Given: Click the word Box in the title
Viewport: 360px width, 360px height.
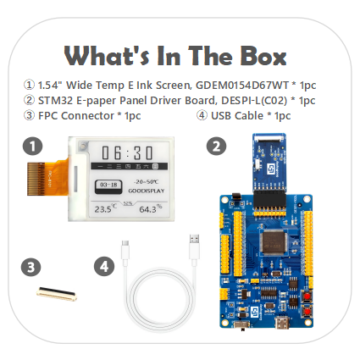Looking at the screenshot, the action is tap(263, 56).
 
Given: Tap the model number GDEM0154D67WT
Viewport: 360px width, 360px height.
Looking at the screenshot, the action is tap(242, 85).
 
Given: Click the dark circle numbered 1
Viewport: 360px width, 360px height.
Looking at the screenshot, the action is tap(33, 147).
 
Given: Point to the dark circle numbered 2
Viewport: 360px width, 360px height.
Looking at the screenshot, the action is tap(216, 147).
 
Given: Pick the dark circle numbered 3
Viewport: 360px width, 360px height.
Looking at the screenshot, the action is tap(31, 267).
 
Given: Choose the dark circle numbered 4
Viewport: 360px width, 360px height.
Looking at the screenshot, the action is tap(104, 266).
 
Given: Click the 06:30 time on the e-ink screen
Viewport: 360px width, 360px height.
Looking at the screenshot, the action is tap(127, 153).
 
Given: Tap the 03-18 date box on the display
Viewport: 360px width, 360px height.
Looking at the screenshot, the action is tap(108, 186).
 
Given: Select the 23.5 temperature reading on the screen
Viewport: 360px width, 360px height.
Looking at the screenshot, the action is tap(105, 208).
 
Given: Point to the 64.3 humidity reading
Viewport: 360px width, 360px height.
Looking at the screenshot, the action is tap(151, 208).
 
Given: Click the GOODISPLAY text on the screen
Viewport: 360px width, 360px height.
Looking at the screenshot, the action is tap(147, 191).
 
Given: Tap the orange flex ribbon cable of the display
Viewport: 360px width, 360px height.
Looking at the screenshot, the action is tap(48, 178).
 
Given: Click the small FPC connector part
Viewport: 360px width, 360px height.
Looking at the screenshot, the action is tap(57, 294).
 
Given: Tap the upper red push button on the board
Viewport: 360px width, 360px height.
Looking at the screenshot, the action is tap(307, 296).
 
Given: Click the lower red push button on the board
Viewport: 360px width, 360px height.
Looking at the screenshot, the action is tap(307, 311).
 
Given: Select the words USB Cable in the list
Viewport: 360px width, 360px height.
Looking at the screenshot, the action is tap(237, 116).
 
